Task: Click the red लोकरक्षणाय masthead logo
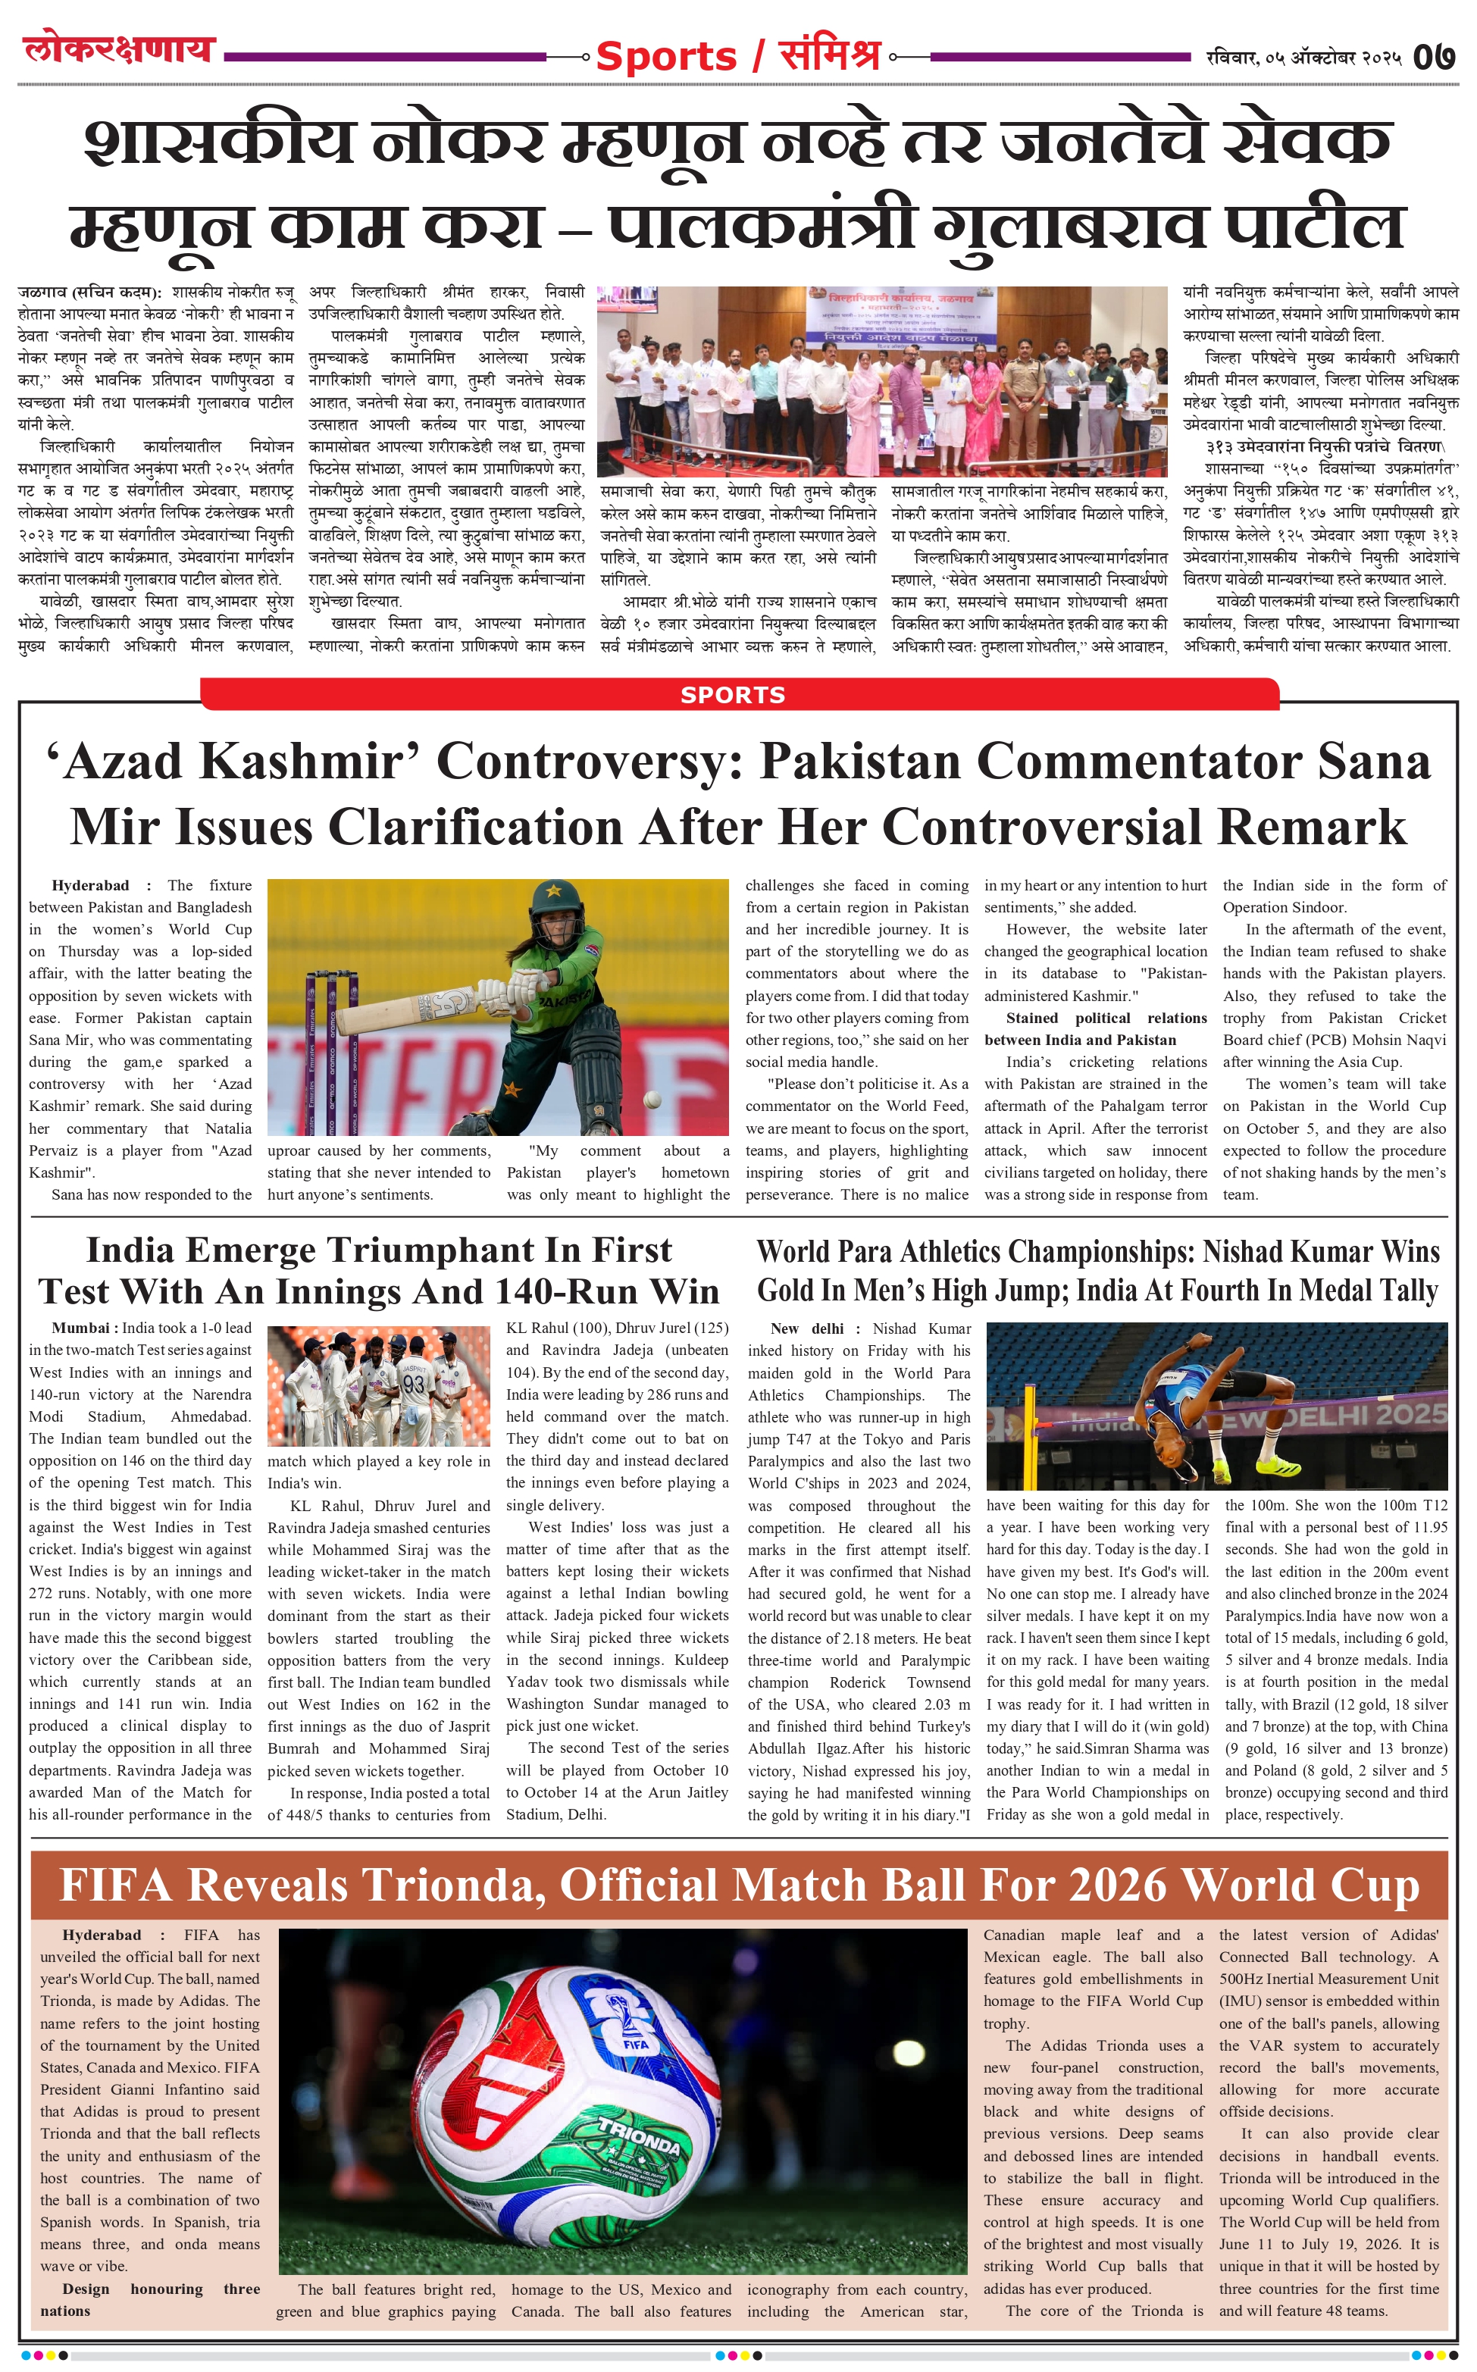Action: (118, 49)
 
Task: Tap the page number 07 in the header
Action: (1434, 57)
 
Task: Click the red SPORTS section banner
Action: (733, 694)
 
